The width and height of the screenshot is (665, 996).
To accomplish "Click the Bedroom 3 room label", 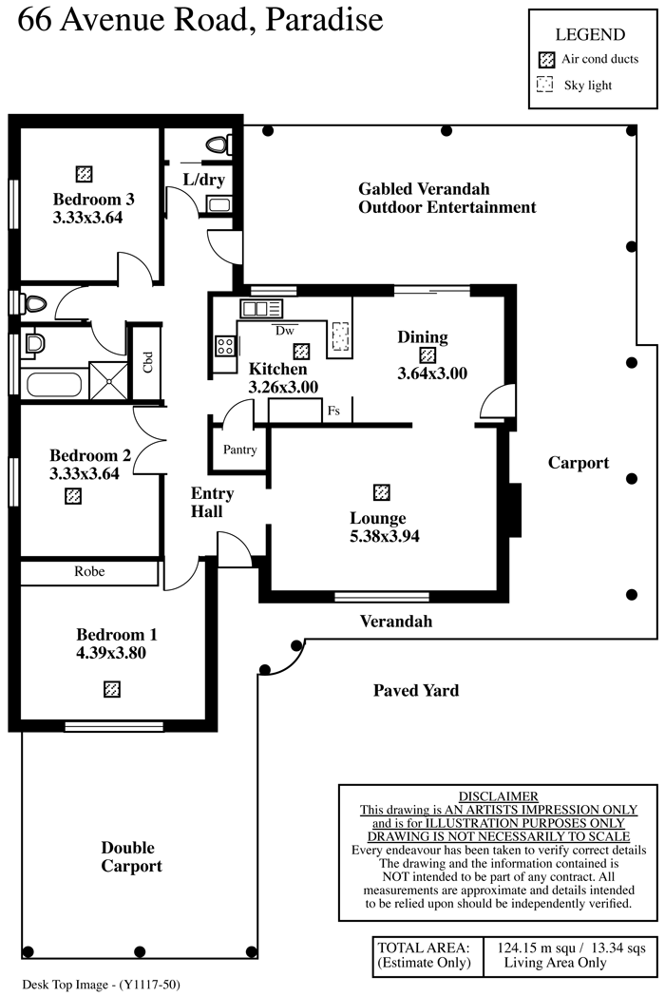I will [93, 200].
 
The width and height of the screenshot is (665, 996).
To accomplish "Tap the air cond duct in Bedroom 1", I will [112, 689].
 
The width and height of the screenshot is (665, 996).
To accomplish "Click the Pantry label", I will [239, 450].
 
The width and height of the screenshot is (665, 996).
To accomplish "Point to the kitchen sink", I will [261, 308].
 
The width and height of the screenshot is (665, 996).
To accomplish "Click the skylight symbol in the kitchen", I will [339, 335].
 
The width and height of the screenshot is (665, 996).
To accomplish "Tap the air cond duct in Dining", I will [427, 355].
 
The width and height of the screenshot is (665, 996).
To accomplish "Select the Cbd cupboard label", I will [147, 363].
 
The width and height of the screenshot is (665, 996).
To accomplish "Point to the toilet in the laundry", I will [218, 145].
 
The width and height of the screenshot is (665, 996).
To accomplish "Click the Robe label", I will [89, 572].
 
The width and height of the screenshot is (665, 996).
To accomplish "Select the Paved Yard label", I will [416, 691].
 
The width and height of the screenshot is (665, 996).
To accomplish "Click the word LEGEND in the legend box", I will [590, 35].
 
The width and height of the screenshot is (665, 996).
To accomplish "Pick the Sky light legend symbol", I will [545, 86].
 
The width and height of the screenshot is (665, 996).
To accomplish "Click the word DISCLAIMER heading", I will [498, 796].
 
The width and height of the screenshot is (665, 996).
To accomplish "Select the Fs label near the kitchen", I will [333, 412].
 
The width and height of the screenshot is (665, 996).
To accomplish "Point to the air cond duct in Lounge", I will [382, 492].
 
